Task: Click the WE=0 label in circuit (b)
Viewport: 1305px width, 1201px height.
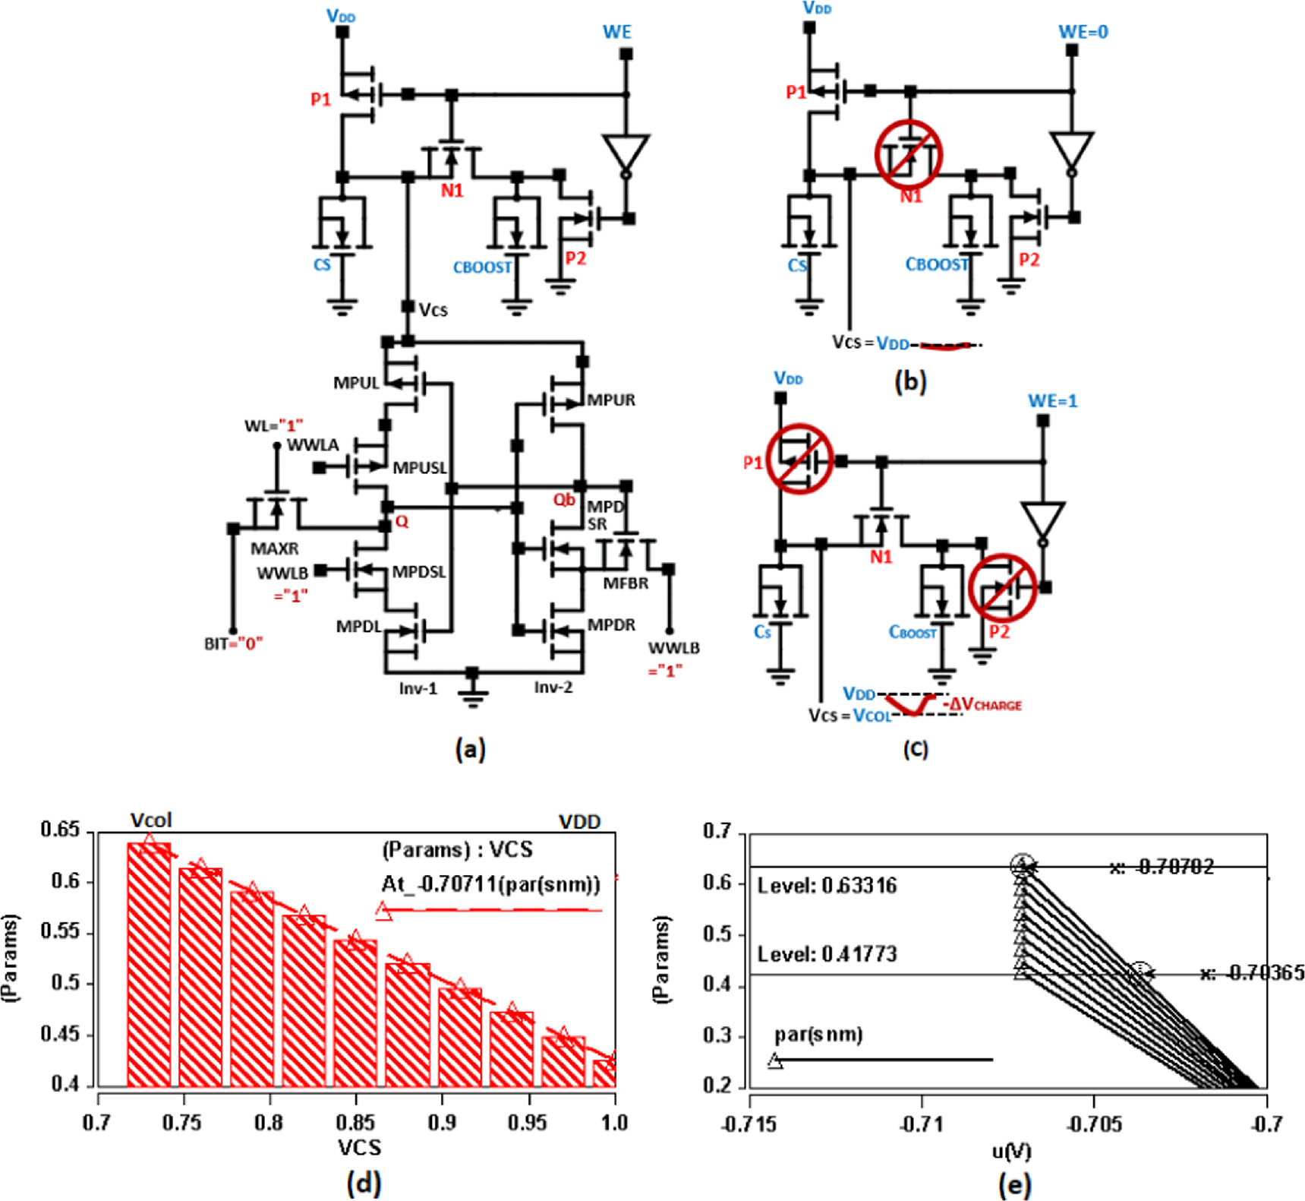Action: tap(1083, 32)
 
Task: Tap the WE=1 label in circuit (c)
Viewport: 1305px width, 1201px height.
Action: tap(1052, 401)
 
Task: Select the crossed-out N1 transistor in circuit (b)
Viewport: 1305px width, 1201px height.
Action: tap(908, 154)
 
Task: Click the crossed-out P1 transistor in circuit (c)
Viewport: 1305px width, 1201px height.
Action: tap(799, 459)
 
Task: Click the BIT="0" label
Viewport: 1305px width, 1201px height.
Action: tap(233, 644)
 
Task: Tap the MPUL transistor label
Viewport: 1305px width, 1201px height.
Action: tap(356, 383)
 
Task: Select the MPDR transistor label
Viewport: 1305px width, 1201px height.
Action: tap(612, 625)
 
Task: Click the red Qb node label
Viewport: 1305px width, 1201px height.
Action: tap(564, 500)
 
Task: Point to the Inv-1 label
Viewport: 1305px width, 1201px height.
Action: tap(418, 688)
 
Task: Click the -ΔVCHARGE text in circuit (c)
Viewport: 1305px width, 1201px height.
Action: tap(982, 705)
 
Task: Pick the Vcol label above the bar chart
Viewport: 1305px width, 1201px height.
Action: tap(151, 820)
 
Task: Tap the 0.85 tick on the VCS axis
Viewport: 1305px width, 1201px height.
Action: tap(355, 1122)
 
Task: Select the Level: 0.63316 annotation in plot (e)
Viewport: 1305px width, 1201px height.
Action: tap(827, 886)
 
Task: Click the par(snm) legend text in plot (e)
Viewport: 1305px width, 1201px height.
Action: tap(818, 1035)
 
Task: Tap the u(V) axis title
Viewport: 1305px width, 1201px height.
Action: tap(1011, 1152)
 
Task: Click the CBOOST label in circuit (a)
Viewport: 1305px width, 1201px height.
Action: tap(482, 267)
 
